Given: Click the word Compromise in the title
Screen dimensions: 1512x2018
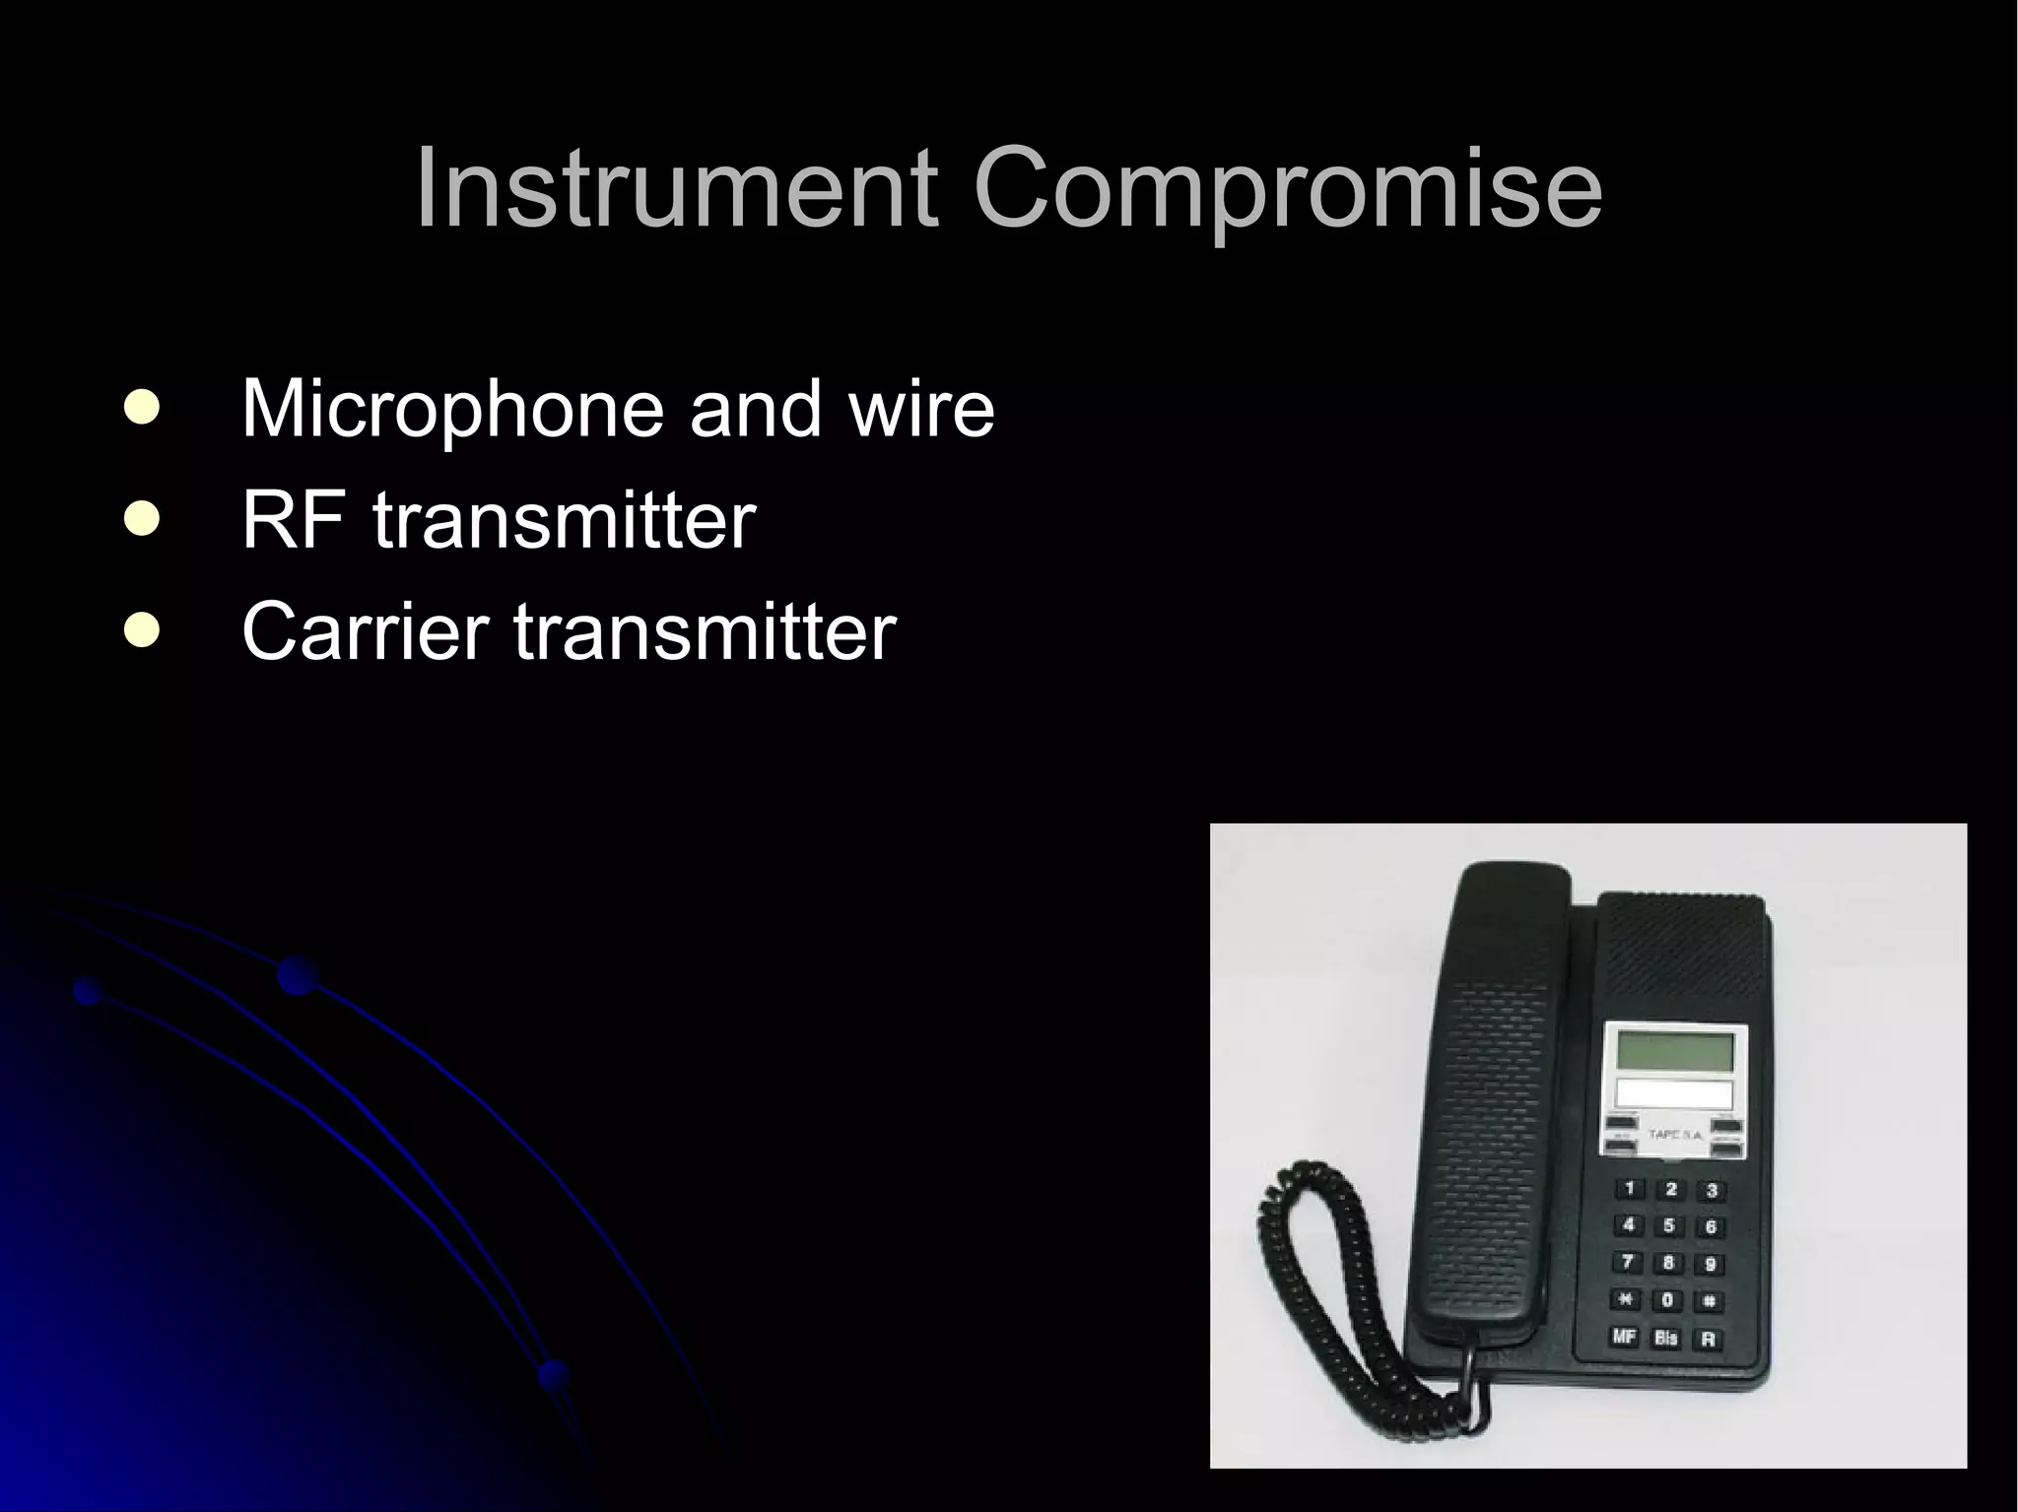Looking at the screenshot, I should coord(1288,189).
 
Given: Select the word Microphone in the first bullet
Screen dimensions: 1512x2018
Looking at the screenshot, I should coord(452,409).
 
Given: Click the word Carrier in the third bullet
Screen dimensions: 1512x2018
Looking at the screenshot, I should coord(365,631).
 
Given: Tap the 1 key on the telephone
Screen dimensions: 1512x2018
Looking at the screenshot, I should coord(1630,1189).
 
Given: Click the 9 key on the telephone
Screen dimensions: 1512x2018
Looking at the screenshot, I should coord(1710,1265).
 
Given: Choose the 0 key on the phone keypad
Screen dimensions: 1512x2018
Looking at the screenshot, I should coord(1667,1300).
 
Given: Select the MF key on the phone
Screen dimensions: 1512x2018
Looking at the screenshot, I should coord(1624,1337).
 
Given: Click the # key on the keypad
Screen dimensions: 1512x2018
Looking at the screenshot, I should coord(1710,1302).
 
